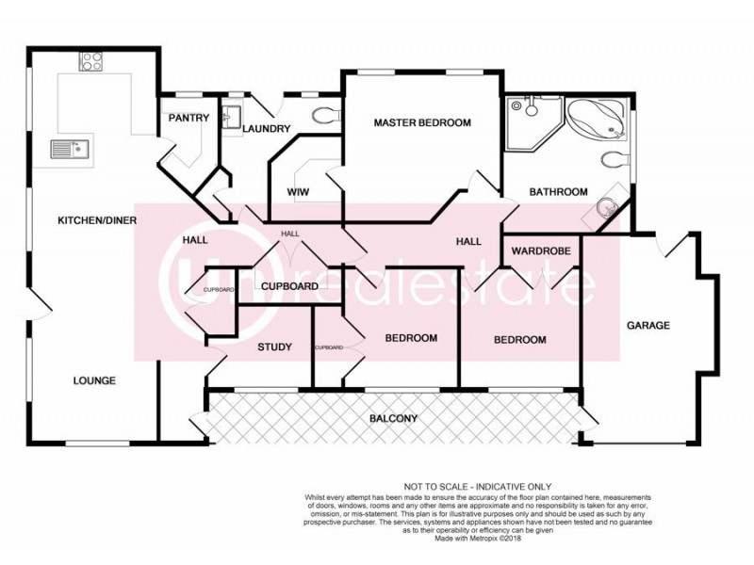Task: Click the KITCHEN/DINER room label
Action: tap(98, 220)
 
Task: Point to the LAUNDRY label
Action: tap(264, 129)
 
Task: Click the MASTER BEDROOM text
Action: tap(421, 122)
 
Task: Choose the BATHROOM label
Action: tap(558, 191)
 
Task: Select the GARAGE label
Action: tap(648, 326)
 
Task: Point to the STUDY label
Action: tap(274, 347)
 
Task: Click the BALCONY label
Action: tap(393, 418)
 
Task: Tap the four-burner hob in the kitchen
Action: tap(92, 62)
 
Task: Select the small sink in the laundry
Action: tap(231, 120)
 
